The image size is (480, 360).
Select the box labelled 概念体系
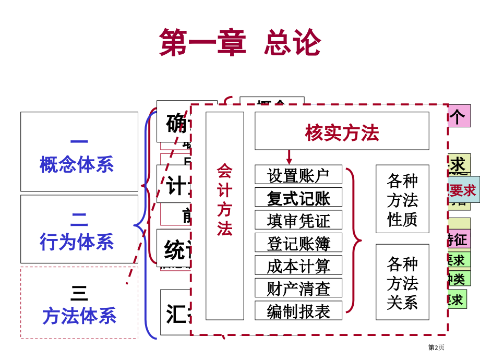[x=79, y=152]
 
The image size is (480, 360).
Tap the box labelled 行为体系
[x=79, y=229]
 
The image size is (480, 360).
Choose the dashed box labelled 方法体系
[x=79, y=303]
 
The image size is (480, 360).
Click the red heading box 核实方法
[x=342, y=131]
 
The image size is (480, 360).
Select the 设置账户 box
[x=298, y=175]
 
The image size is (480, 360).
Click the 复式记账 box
[x=298, y=198]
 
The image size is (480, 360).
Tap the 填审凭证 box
[x=298, y=220]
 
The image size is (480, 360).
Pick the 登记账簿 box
[x=298, y=243]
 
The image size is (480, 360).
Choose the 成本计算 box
[x=298, y=266]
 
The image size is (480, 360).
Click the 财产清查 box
[x=298, y=288]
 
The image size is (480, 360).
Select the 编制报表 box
[x=298, y=311]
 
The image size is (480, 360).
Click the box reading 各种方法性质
[x=402, y=199]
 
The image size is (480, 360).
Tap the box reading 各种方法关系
[x=402, y=282]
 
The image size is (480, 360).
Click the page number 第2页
[x=436, y=347]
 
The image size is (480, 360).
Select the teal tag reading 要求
[x=463, y=190]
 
